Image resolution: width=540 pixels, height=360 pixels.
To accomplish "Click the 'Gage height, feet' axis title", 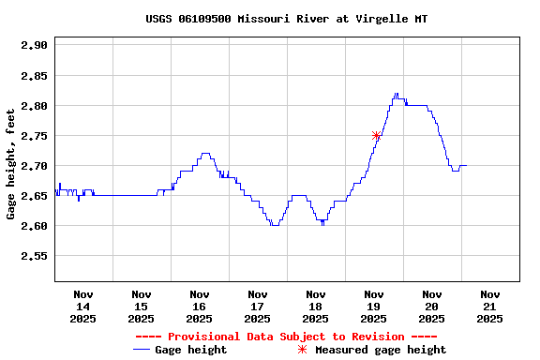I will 11,163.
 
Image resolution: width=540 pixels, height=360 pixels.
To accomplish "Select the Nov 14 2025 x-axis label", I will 83,307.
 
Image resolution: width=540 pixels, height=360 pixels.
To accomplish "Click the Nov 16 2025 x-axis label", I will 200,307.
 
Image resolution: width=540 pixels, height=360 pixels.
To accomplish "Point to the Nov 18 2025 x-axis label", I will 316,307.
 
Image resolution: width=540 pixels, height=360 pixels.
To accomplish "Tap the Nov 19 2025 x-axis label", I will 374,307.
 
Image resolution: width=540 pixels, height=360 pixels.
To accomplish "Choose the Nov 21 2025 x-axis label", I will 489,307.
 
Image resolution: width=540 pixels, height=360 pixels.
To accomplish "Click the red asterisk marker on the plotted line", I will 376,136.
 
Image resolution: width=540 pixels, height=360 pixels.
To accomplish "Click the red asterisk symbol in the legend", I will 302,350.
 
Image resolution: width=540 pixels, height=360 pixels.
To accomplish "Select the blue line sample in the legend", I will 142,350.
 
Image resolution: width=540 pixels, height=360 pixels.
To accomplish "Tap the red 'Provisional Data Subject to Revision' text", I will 286,337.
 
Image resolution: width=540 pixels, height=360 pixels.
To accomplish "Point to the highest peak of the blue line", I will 397,94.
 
